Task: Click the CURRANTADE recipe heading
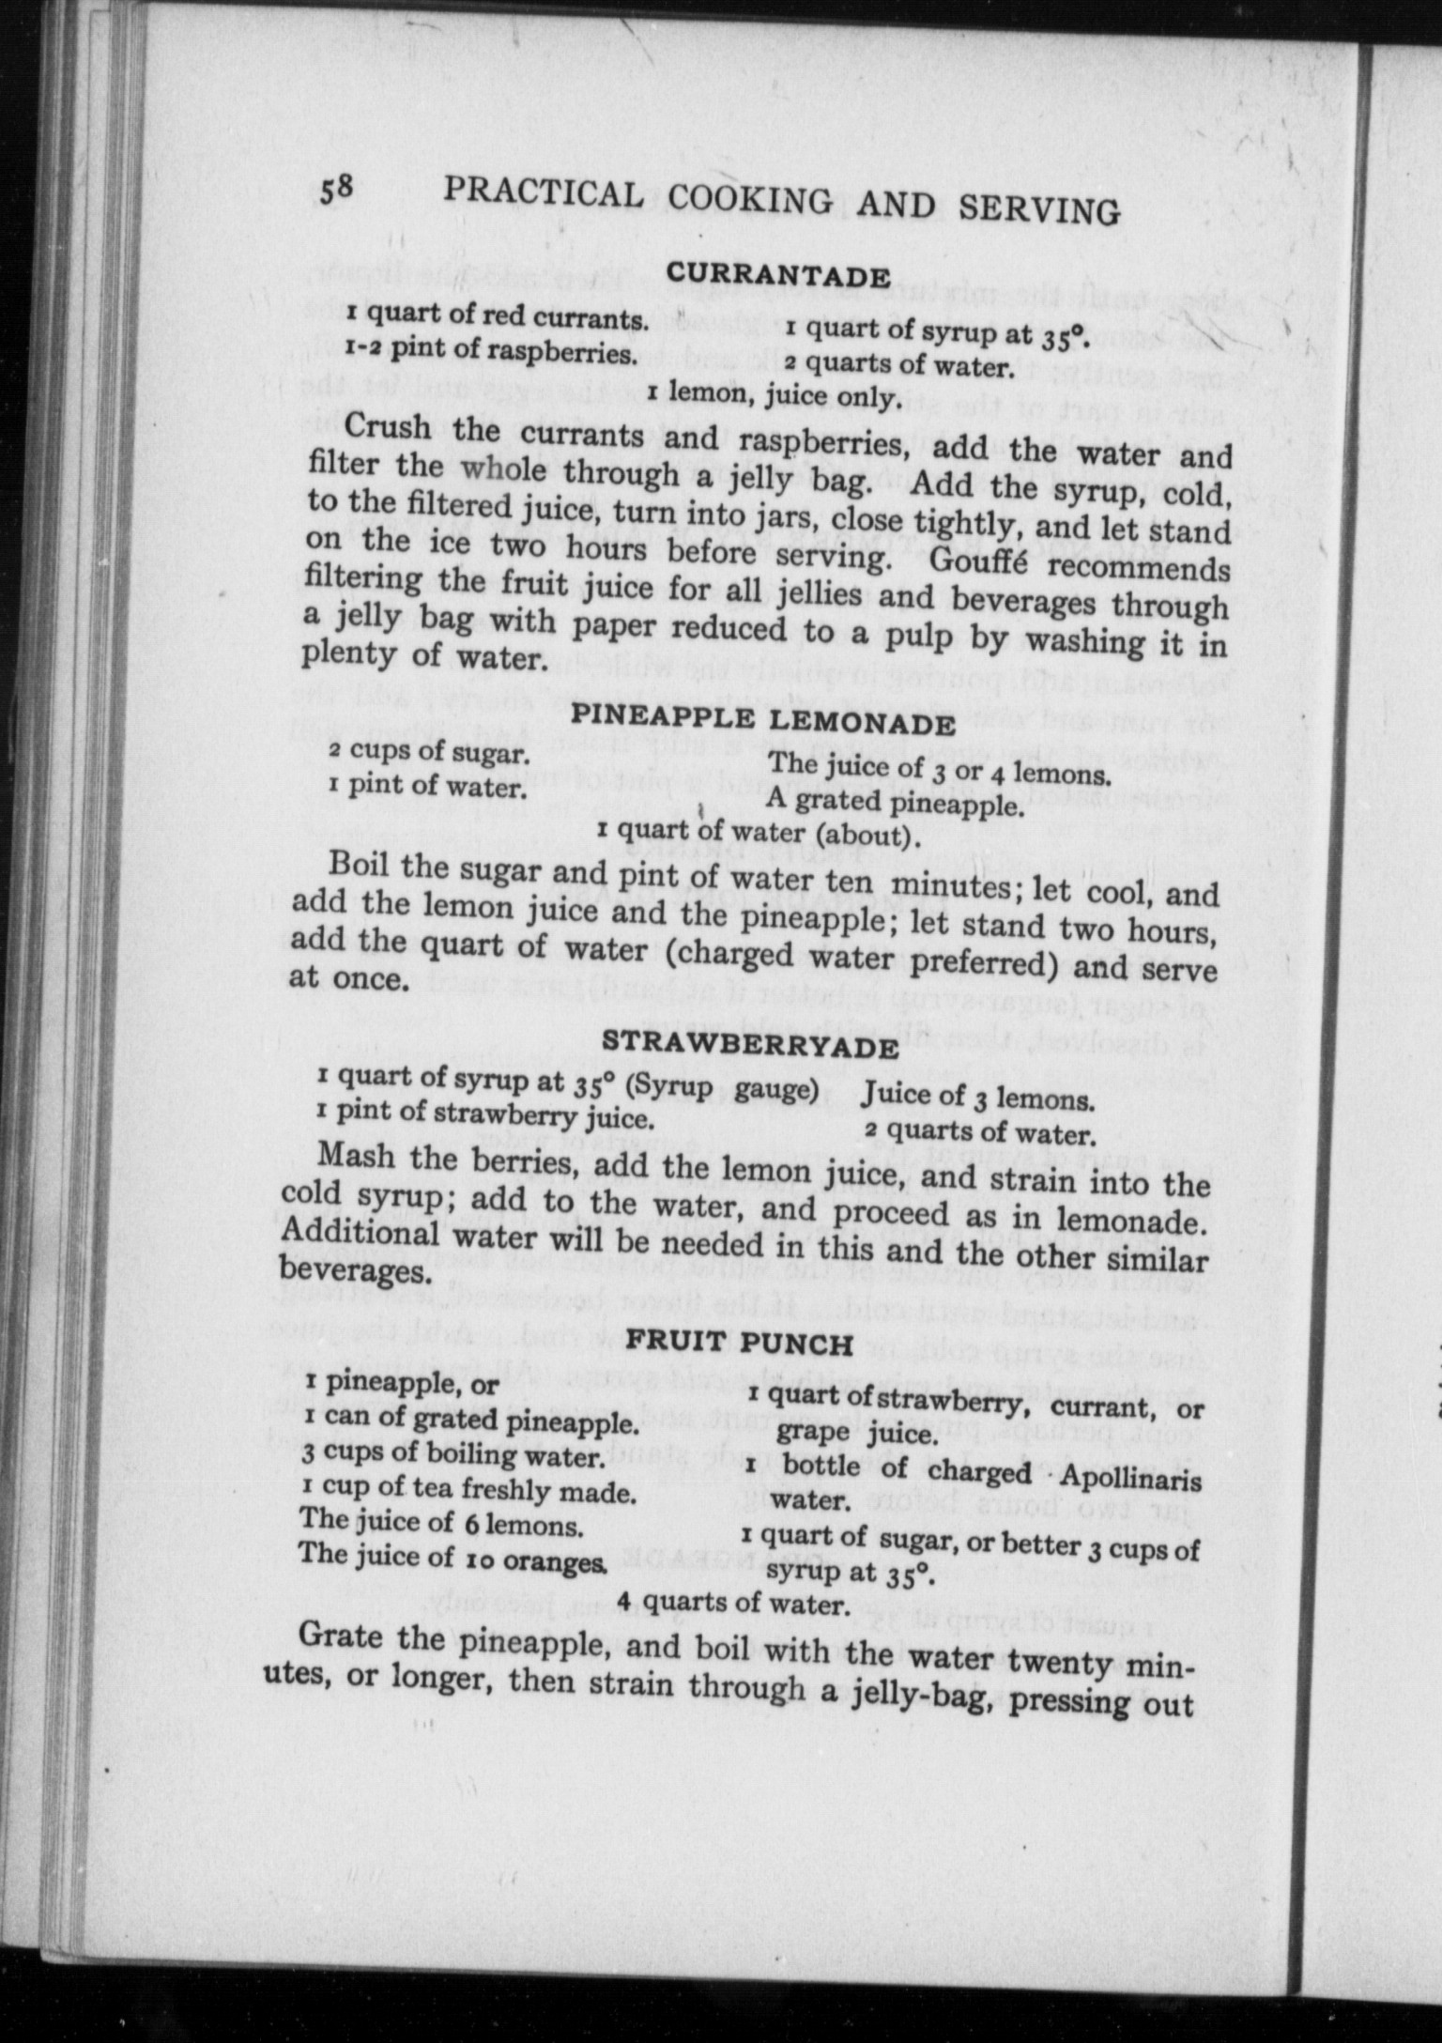[778, 276]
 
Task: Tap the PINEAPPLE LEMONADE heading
[764, 720]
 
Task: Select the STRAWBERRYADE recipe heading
[750, 1044]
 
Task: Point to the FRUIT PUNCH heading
[740, 1343]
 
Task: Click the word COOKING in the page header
[750, 199]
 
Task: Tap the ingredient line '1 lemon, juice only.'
[774, 398]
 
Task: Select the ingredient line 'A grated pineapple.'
[892, 803]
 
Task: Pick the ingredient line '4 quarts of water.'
[733, 1602]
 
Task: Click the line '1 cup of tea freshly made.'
[467, 1489]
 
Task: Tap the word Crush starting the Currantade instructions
[387, 427]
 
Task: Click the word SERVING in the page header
[1039, 209]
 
